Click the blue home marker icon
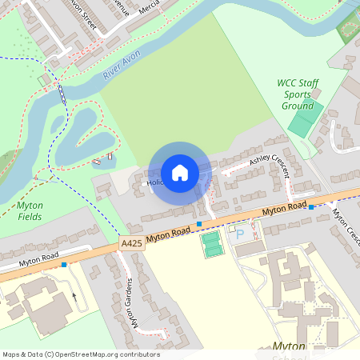coord(179,172)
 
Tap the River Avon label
coord(122,68)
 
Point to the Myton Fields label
coord(30,210)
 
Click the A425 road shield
coord(132,242)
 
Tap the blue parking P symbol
coord(241,236)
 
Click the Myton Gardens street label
coord(133,303)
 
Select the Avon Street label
coord(84,14)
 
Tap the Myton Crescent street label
coord(345,226)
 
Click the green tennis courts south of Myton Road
coord(211,244)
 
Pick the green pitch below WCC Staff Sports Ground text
coord(303,119)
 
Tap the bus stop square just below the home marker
coord(198,224)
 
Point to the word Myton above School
coord(290,346)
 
